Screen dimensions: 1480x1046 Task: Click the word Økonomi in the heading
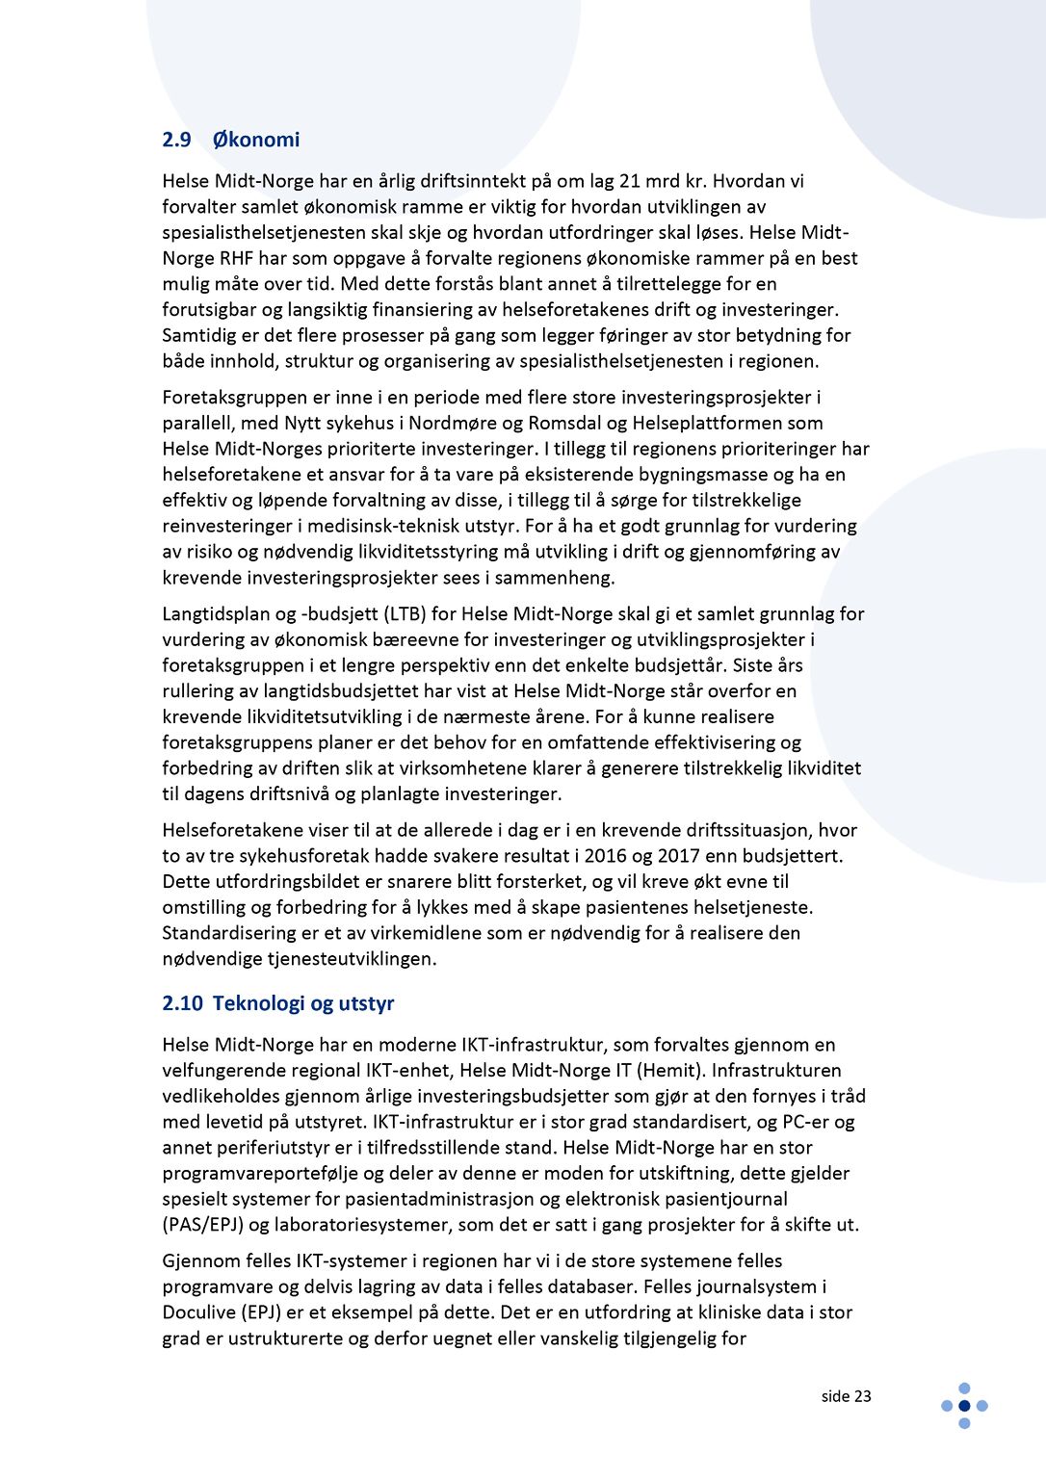click(x=255, y=140)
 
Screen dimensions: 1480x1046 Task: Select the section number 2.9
click(x=176, y=140)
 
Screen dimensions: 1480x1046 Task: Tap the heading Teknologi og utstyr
click(x=303, y=1003)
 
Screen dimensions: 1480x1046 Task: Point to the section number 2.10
click(x=182, y=1003)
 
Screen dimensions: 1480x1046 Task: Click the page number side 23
click(x=846, y=1396)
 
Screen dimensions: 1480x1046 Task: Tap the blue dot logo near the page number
click(x=964, y=1406)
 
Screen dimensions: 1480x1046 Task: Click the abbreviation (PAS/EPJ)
click(x=203, y=1225)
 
